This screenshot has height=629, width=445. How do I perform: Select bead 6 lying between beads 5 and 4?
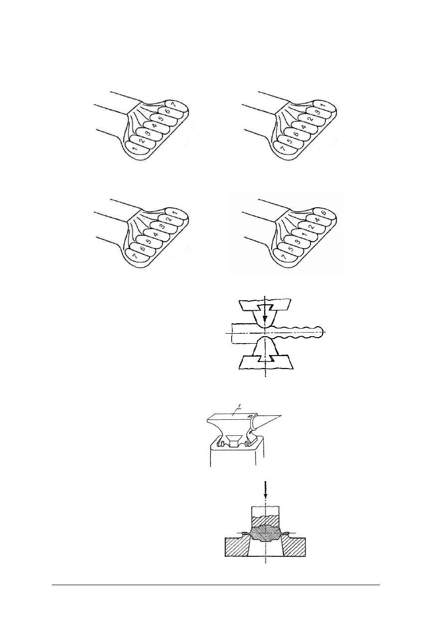[296, 133]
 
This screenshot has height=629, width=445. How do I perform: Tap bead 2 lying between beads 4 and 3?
[310, 119]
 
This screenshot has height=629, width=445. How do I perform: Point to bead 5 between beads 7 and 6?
[289, 140]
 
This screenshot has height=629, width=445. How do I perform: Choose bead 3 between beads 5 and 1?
[296, 242]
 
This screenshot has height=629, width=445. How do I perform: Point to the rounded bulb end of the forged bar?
[319, 331]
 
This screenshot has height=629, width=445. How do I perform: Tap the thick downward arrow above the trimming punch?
[265, 490]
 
